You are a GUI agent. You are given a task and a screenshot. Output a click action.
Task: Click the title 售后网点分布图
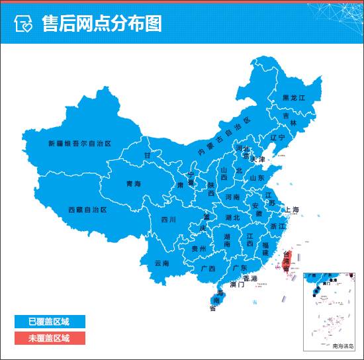(101, 24)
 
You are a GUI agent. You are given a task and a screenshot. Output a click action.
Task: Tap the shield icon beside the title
(23, 24)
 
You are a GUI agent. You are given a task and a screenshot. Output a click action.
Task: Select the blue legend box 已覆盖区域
(49, 322)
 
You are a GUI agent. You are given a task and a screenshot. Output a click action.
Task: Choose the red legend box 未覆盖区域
(49, 337)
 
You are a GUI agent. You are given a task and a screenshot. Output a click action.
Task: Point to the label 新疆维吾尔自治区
(79, 143)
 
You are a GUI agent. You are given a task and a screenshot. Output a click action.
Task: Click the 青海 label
(134, 184)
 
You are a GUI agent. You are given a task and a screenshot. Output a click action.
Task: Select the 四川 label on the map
(169, 219)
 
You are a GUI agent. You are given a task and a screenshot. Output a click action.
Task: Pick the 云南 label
(162, 263)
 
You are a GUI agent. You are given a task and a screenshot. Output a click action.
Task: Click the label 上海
(292, 210)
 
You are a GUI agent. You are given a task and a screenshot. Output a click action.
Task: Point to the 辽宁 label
(277, 138)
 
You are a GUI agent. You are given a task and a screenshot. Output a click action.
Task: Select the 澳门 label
(237, 284)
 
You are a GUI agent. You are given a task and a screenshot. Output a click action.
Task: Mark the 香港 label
(250, 279)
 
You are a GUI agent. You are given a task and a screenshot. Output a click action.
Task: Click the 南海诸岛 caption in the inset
(343, 345)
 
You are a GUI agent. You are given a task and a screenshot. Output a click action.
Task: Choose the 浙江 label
(278, 226)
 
